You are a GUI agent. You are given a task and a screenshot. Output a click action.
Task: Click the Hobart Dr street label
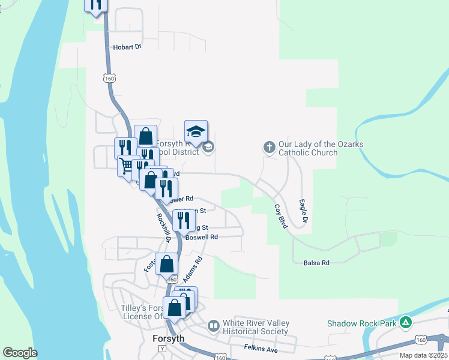coord(127,47)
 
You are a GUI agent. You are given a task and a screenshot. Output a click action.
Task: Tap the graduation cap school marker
coord(196,131)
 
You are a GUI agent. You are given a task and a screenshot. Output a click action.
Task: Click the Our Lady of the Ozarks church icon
coord(269,146)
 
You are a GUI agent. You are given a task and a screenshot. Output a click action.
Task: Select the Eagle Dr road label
coord(304,213)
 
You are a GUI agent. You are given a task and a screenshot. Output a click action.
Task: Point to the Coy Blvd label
coord(281,217)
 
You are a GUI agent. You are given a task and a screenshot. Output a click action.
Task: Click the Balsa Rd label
coord(317,263)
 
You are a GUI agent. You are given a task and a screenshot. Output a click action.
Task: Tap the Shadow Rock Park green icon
coord(406,323)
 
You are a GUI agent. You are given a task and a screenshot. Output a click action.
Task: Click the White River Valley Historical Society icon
coord(213,326)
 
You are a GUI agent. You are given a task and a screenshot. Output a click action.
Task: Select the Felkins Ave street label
coord(261,348)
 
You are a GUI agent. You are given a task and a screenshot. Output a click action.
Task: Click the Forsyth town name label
coord(168,338)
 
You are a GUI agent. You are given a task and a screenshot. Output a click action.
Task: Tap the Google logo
coord(20,353)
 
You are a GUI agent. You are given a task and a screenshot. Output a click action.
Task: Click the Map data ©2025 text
coord(423,355)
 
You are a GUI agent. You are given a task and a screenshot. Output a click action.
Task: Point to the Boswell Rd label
coord(201,237)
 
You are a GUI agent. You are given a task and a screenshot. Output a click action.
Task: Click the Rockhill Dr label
coord(164,228)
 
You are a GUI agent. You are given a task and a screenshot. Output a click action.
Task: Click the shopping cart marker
coord(126,165)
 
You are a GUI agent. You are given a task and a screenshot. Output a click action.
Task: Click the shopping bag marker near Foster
coord(166,263)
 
